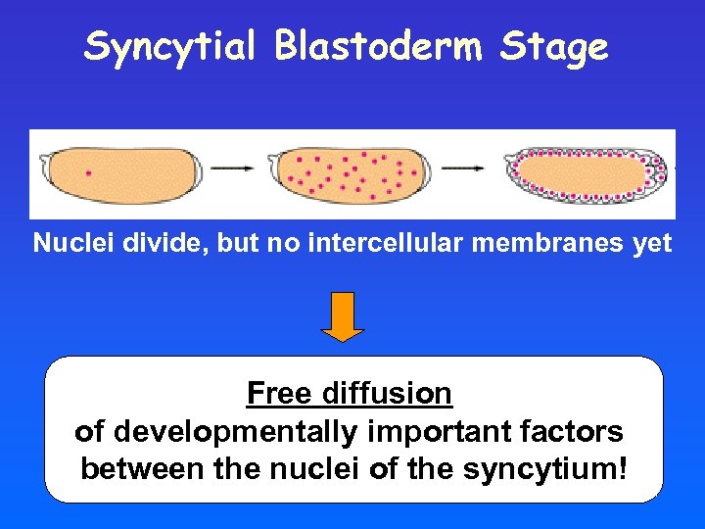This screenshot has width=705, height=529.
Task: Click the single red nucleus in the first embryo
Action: coord(89,173)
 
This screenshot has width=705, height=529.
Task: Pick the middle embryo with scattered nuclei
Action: coord(352,172)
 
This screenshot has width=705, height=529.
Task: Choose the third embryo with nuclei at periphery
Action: coord(587,174)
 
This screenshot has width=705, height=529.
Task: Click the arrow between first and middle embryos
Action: coord(232,168)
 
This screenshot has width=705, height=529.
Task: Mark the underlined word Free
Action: coord(278,394)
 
